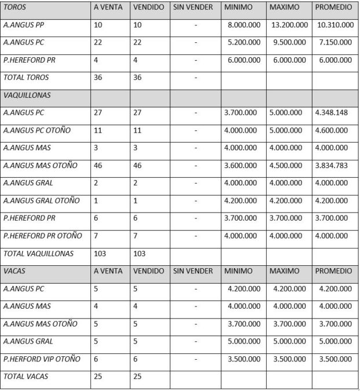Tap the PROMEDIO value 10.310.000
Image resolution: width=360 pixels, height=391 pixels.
pos(336,25)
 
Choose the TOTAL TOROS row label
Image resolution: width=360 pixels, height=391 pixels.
pos(27,77)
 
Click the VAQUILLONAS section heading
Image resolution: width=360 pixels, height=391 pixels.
pos(26,95)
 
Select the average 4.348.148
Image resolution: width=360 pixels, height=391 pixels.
pos(332,112)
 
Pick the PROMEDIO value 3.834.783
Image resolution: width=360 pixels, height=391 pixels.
pos(332,165)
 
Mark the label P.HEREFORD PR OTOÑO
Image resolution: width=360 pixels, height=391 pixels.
pos(43,236)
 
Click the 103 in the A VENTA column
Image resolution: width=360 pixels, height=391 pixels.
pos(101,253)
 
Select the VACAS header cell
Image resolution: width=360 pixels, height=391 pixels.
pos(16,271)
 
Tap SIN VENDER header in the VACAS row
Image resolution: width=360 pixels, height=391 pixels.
pos(193,271)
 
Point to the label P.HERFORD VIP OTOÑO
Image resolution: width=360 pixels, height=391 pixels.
pos(42,359)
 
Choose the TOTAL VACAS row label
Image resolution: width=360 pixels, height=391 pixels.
pos(26,377)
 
